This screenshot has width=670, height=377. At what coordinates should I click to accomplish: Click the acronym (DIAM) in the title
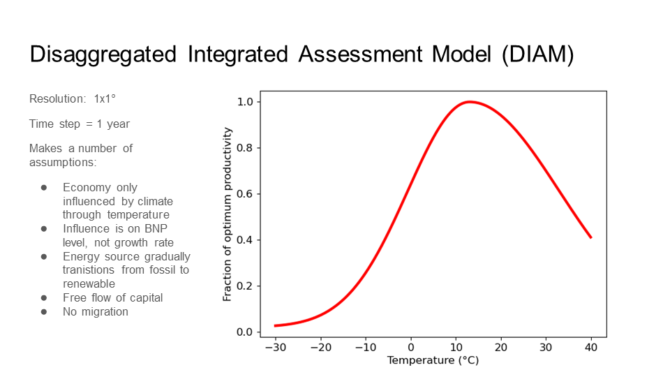tap(537, 54)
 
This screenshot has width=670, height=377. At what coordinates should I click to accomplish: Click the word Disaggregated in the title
tap(103, 54)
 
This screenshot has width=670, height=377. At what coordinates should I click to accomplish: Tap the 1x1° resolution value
tap(105, 99)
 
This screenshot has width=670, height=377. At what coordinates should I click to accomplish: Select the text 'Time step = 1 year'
tap(80, 124)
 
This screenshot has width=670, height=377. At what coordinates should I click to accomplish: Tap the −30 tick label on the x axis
tap(275, 347)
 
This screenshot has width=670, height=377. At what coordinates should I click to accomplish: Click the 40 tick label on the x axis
tap(591, 347)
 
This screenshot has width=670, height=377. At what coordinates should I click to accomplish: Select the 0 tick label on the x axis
tap(410, 347)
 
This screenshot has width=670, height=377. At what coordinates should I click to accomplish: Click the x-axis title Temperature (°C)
tap(433, 360)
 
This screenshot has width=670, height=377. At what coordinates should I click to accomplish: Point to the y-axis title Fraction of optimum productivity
tap(228, 214)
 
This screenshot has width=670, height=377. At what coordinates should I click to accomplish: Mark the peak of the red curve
tap(470, 102)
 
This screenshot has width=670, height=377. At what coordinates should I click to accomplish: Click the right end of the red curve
tap(591, 237)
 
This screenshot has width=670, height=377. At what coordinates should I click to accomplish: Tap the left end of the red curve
tap(275, 325)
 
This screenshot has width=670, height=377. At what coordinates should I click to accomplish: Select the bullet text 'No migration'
tap(96, 311)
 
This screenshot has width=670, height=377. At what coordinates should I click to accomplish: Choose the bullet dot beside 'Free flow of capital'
tap(44, 297)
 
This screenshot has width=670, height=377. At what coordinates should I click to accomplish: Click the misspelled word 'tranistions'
tap(90, 270)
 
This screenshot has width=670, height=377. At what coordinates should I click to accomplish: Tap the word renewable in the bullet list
tap(89, 284)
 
